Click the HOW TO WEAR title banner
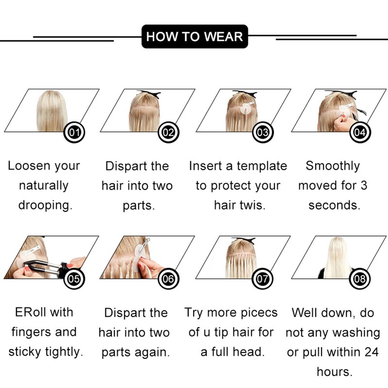pyautogui.click(x=194, y=36)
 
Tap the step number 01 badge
pyautogui.click(x=74, y=132)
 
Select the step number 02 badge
pyautogui.click(x=168, y=132)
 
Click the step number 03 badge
pyautogui.click(x=262, y=132)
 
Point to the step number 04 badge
pyautogui.click(x=360, y=132)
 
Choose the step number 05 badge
pyautogui.click(x=74, y=279)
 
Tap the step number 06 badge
pyautogui.click(x=168, y=279)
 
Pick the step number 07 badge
pyautogui.click(x=262, y=279)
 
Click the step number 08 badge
pyautogui.click(x=360, y=279)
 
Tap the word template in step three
pyautogui.click(x=262, y=166)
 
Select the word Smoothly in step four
pyautogui.click(x=333, y=166)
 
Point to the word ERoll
pyautogui.click(x=29, y=312)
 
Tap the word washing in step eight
pyautogui.click(x=357, y=333)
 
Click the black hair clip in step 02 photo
pyautogui.click(x=148, y=94)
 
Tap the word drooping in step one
pyautogui.click(x=46, y=206)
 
